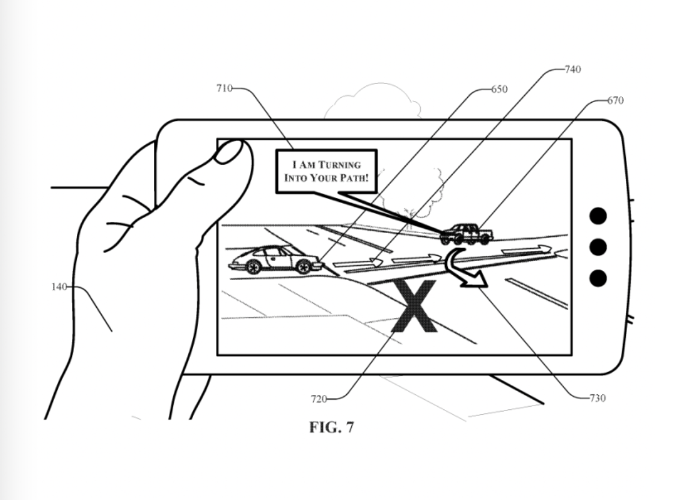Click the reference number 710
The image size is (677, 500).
pyautogui.click(x=224, y=89)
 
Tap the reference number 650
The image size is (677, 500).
pyautogui.click(x=499, y=89)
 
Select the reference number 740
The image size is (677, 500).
pyautogui.click(x=572, y=70)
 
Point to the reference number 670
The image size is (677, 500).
pyautogui.click(x=615, y=100)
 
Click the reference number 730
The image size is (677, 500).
pyautogui.click(x=597, y=398)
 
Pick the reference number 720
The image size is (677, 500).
pyautogui.click(x=319, y=398)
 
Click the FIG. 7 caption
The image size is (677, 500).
pyautogui.click(x=331, y=427)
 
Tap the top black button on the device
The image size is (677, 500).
pyautogui.click(x=598, y=215)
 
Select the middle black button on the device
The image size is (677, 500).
pyautogui.click(x=598, y=246)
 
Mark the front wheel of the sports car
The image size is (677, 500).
pyautogui.click(x=303, y=267)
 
